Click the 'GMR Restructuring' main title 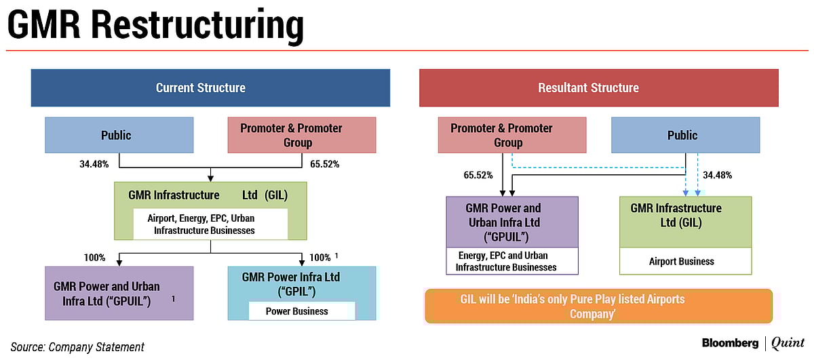[x=155, y=26]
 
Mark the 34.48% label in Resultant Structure [x=717, y=175]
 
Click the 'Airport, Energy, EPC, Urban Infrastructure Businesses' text [x=210, y=224]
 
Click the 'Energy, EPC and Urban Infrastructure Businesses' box [x=512, y=261]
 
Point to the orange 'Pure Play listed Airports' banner [x=598, y=306]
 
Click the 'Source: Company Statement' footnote [x=77, y=347]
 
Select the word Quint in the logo [x=788, y=344]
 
